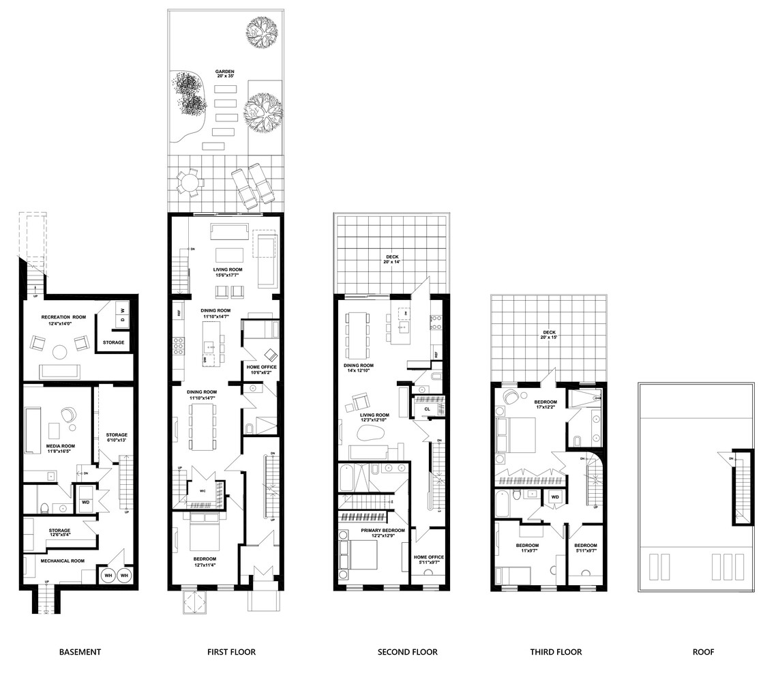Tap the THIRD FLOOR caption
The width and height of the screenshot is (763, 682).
(x=556, y=652)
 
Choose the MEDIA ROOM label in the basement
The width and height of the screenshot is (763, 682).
(x=61, y=448)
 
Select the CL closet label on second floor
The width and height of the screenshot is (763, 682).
(x=427, y=409)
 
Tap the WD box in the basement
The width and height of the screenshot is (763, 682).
(x=85, y=502)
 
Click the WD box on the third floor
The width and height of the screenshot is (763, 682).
(x=555, y=496)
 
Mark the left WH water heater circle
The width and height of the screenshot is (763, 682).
(x=108, y=576)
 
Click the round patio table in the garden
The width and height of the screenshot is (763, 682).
(x=188, y=183)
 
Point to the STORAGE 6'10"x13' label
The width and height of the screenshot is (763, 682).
(x=117, y=438)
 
